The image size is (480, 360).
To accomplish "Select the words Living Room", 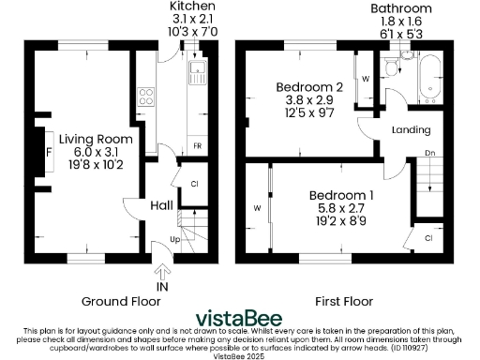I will (x=95, y=140).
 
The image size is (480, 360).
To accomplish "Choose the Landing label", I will (x=411, y=129).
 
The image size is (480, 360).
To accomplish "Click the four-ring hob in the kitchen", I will (x=147, y=95).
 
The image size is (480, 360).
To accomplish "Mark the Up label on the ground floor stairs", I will (x=175, y=241).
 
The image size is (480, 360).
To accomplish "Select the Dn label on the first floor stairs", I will (x=429, y=152).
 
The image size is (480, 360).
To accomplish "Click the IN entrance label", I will (x=162, y=287).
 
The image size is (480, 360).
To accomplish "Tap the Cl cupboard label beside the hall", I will (x=193, y=185).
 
